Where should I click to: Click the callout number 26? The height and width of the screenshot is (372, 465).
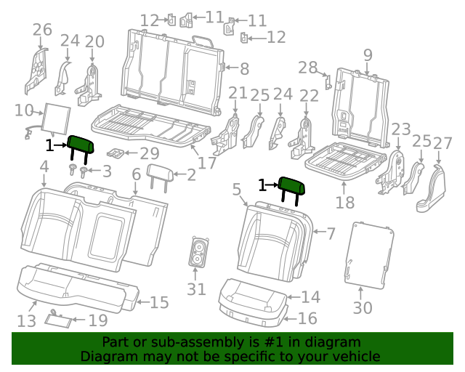(x=42, y=30)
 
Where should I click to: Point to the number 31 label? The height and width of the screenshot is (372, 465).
(x=196, y=289)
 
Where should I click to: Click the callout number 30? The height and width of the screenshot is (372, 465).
(x=362, y=307)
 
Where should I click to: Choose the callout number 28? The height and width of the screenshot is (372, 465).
(x=307, y=68)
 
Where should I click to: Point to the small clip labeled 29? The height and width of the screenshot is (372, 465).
(x=113, y=153)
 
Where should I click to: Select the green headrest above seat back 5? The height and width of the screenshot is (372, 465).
(x=293, y=187)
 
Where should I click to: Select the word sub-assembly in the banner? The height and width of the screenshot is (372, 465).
(x=162, y=342)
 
